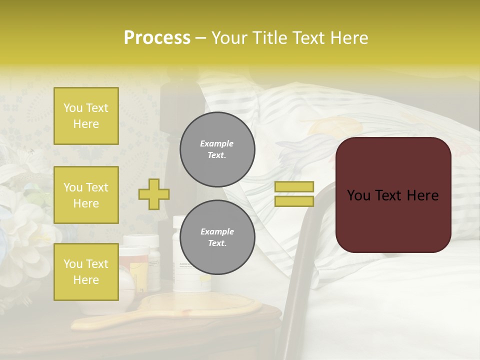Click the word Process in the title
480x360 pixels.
tap(157, 38)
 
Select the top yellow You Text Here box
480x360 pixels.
tap(86, 116)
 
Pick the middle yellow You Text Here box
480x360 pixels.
tap(86, 195)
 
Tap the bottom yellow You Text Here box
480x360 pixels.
tap(86, 271)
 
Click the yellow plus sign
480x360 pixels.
tap(154, 194)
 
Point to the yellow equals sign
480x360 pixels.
tap(294, 194)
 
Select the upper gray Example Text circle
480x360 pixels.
tap(217, 149)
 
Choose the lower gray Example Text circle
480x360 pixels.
tap(217, 237)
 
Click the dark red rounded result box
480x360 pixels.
tap(393, 195)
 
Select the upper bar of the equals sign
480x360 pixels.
tap(294, 187)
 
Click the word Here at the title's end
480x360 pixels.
tap(349, 38)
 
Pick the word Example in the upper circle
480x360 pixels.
tap(217, 143)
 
